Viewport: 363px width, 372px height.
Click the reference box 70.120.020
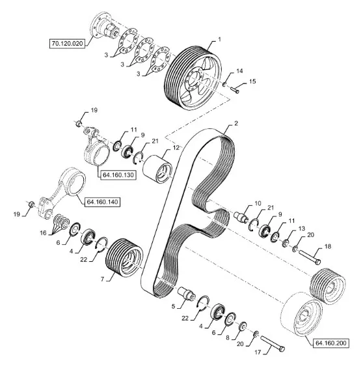pyautogui.click(x=67, y=44)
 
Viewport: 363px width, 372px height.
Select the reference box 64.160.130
pyautogui.click(x=118, y=175)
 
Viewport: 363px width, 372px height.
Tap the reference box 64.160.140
pyautogui.click(x=102, y=202)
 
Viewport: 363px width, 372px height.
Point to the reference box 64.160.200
pyautogui.click(x=331, y=343)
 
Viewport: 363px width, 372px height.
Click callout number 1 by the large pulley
pyautogui.click(x=219, y=39)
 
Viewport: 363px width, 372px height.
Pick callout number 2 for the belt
pyautogui.click(x=235, y=123)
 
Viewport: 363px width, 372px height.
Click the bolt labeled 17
pyautogui.click(x=273, y=343)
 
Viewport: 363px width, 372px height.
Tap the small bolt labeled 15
pyautogui.click(x=235, y=90)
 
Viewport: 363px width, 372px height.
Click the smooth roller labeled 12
pyautogui.click(x=157, y=169)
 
